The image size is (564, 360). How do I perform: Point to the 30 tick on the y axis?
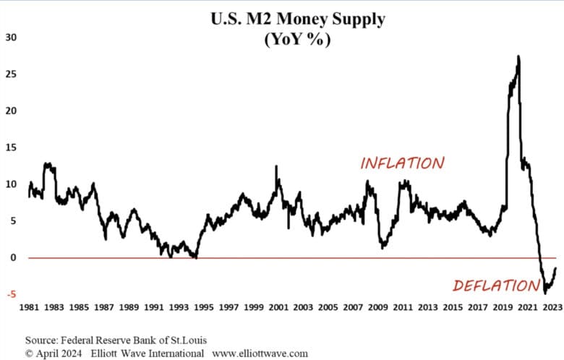[12, 37]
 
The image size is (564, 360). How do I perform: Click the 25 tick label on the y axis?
[12, 74]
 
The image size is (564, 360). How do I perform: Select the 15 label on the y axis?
[12, 147]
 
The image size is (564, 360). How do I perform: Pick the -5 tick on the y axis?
[12, 294]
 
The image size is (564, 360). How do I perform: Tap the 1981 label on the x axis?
[30, 307]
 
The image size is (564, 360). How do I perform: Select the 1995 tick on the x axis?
[205, 307]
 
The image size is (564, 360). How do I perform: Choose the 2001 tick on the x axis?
[279, 307]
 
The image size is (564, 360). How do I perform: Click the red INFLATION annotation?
[403, 163]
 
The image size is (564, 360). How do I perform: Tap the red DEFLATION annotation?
[495, 286]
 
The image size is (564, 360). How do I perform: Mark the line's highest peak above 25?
[518, 56]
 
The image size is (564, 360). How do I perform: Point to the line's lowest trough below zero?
[544, 293]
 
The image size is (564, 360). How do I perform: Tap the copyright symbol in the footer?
[30, 353]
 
